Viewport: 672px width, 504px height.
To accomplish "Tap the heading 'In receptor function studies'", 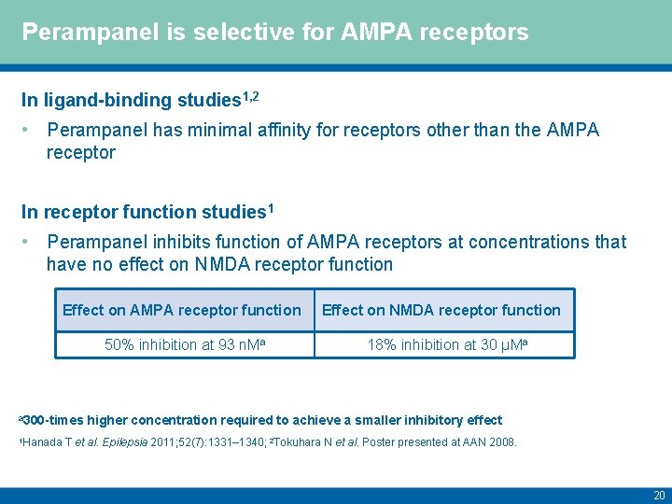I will coord(144,211).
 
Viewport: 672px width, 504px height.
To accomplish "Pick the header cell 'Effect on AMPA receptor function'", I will coord(182,310).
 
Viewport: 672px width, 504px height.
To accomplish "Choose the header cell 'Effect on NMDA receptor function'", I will coord(441,310).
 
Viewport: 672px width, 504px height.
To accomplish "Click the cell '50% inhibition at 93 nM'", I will coord(182,344).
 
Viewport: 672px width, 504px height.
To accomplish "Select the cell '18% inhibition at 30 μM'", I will coord(441,344).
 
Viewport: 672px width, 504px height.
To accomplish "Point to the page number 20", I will coord(659,495).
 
